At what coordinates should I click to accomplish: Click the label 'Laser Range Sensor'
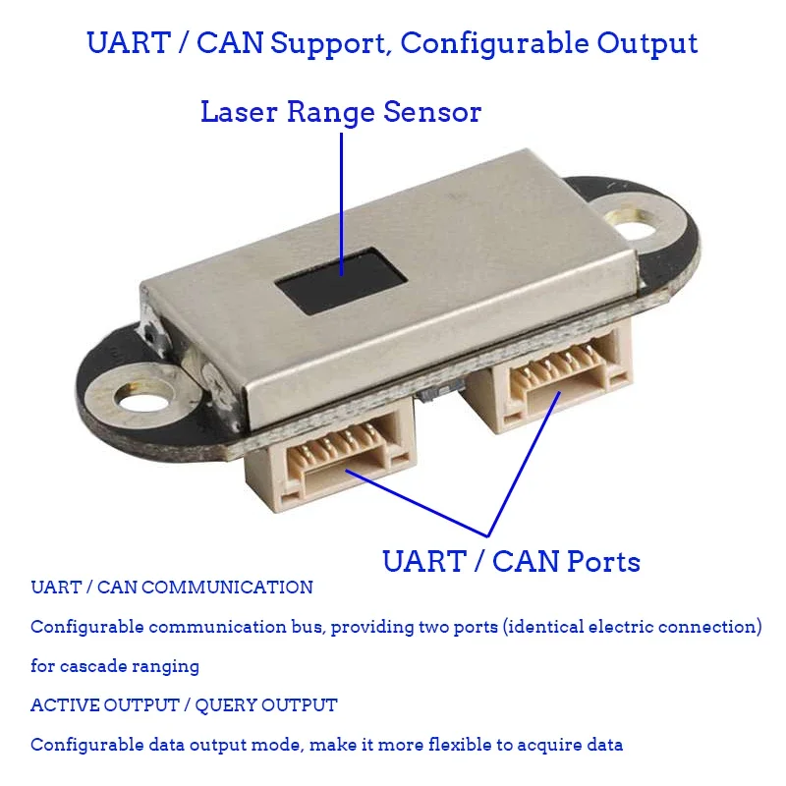pos(341,112)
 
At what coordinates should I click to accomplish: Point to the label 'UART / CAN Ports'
pos(511,562)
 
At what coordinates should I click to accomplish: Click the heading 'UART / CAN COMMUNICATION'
pos(172,588)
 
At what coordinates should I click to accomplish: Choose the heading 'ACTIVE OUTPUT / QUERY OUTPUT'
pos(184,705)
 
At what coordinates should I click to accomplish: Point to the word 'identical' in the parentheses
pos(547,627)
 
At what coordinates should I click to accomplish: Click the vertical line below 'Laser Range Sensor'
pos(341,196)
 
